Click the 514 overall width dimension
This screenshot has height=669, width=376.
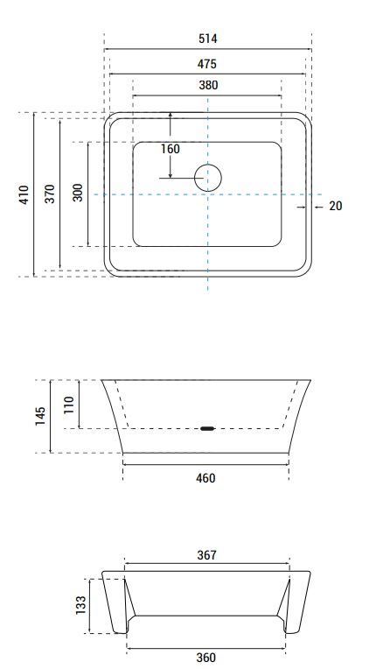point(207,39)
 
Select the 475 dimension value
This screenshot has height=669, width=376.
point(207,64)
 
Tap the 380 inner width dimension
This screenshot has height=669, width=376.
point(207,86)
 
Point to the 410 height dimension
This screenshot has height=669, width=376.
point(24,194)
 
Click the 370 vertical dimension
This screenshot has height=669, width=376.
point(50,194)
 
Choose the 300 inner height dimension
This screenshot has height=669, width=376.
point(78,194)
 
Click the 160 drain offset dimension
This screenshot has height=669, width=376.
point(171,149)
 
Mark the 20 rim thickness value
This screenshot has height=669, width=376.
point(336,207)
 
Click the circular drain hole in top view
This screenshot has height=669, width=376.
point(207,178)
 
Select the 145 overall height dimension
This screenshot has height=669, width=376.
point(40,416)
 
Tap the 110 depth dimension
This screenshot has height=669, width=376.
point(69,404)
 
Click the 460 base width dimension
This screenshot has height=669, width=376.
point(205,478)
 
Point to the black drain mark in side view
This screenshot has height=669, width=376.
point(206,428)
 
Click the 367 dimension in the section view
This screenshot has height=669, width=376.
point(206,555)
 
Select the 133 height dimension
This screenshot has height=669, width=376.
point(80,604)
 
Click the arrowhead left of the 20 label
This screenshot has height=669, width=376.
point(303,207)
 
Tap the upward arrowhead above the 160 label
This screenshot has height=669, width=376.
point(171,116)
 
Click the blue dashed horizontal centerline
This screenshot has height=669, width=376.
point(262,194)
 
